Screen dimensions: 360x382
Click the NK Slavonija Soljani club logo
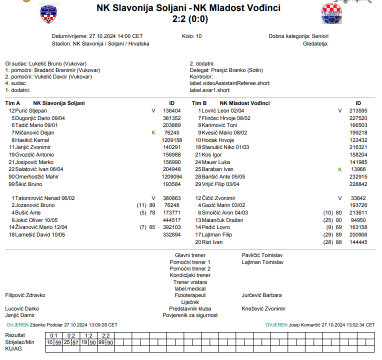[48, 14]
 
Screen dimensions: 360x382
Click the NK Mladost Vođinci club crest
[331, 13]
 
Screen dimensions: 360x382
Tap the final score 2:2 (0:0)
[189, 19]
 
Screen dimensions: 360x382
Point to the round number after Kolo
[199, 36]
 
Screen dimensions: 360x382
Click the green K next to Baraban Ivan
[340, 169]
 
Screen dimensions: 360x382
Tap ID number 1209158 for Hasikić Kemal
[172, 140]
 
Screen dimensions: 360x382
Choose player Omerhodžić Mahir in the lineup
[37, 177]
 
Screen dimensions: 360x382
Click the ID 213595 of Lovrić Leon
[358, 110]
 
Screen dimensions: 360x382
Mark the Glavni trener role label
[190, 255]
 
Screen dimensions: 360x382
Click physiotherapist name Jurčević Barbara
[261, 295]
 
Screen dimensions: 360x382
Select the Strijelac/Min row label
[19, 342]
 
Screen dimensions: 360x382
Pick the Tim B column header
[197, 103]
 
